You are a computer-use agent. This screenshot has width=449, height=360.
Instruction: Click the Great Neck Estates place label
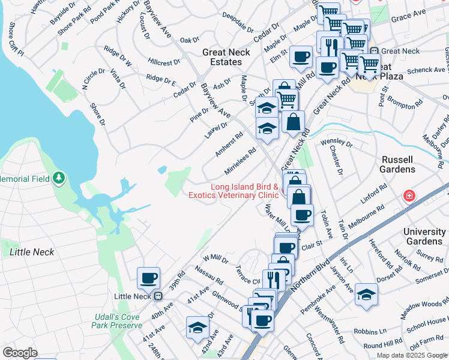222,57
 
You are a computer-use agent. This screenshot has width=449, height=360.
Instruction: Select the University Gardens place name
424,236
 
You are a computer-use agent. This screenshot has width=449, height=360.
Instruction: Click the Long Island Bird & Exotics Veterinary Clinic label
234,191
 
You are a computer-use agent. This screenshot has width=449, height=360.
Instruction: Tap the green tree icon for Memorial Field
58,178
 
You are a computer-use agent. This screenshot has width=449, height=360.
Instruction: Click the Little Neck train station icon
158,296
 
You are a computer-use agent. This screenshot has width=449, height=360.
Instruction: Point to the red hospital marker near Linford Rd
409,196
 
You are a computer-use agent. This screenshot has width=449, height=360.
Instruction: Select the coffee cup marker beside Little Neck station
148,278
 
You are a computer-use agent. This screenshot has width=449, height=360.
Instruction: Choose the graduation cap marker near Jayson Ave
366,294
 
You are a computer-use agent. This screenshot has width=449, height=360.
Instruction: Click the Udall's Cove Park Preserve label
117,321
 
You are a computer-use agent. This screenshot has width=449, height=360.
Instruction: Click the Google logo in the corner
20,353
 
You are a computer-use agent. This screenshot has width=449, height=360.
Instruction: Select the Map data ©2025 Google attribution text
412,355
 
